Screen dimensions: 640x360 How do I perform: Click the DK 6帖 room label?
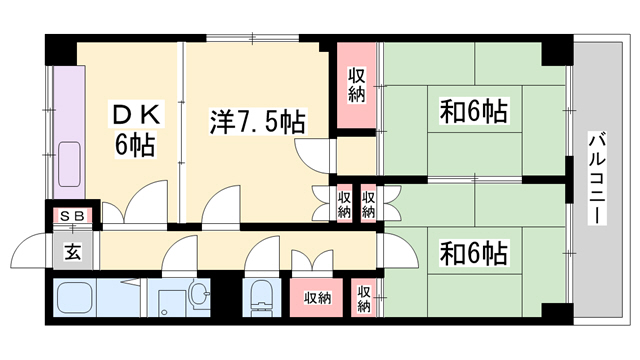coord(134,129)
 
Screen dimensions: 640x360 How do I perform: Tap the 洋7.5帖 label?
coord(257,122)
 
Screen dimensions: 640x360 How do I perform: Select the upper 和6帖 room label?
coord(473,111)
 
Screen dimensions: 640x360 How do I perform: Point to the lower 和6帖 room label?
coord(473,253)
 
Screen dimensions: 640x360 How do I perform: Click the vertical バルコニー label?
coord(597,178)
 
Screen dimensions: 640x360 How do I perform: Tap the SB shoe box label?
coord(73,216)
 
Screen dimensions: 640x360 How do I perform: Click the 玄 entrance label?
coord(72,252)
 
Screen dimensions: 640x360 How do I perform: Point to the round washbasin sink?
coord(199,293)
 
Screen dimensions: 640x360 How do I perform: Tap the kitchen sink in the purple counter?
coord(69,164)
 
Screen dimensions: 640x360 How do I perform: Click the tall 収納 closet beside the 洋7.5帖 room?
coord(356,85)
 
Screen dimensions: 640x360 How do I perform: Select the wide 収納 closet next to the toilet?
coord(317,298)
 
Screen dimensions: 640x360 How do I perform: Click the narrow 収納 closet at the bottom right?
coord(364,298)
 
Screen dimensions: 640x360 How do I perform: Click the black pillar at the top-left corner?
coord(61,49)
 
